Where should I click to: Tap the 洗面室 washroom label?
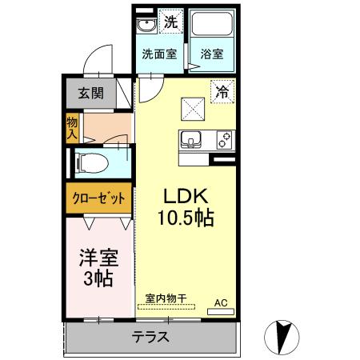pyautogui.click(x=159, y=55)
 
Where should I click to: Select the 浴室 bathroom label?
pyautogui.click(x=212, y=55)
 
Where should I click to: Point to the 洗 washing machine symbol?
pyautogui.click(x=170, y=22)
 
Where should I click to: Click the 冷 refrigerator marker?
pyautogui.click(x=222, y=91)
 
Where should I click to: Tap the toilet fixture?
pyautogui.click(x=90, y=162)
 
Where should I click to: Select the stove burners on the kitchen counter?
pyautogui.click(x=225, y=140)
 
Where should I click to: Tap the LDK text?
pyautogui.click(x=186, y=196)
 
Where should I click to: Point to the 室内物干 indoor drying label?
pyautogui.click(x=166, y=298)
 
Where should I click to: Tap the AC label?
pyautogui.click(x=221, y=302)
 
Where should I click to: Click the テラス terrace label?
pyautogui.click(x=150, y=336)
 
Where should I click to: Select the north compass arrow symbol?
pyautogui.click(x=282, y=334)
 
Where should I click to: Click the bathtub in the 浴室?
pyautogui.click(x=213, y=26)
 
